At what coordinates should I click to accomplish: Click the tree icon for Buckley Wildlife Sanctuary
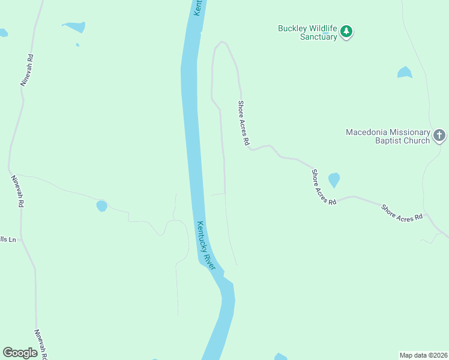tap(346, 32)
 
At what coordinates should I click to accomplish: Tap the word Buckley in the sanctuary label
tap(292, 28)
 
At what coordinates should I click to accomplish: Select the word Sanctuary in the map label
tap(318, 37)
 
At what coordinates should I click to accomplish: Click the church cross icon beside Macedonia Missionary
tap(439, 136)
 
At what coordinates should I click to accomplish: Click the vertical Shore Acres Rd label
tap(243, 123)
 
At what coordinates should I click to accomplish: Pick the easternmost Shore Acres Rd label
tap(402, 213)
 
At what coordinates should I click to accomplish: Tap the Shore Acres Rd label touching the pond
tap(324, 187)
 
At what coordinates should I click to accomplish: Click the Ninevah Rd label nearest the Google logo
tap(41, 344)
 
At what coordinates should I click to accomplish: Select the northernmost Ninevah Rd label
tap(26, 71)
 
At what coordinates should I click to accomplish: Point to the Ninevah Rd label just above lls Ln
tap(17, 191)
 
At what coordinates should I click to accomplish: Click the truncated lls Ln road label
tap(7, 239)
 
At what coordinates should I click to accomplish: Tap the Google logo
tap(20, 353)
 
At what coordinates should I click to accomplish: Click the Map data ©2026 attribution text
tap(423, 355)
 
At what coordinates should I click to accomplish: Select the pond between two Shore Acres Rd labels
tap(334, 179)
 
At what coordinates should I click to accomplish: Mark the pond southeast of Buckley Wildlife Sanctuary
tap(405, 73)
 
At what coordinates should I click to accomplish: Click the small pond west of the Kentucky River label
tap(101, 206)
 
